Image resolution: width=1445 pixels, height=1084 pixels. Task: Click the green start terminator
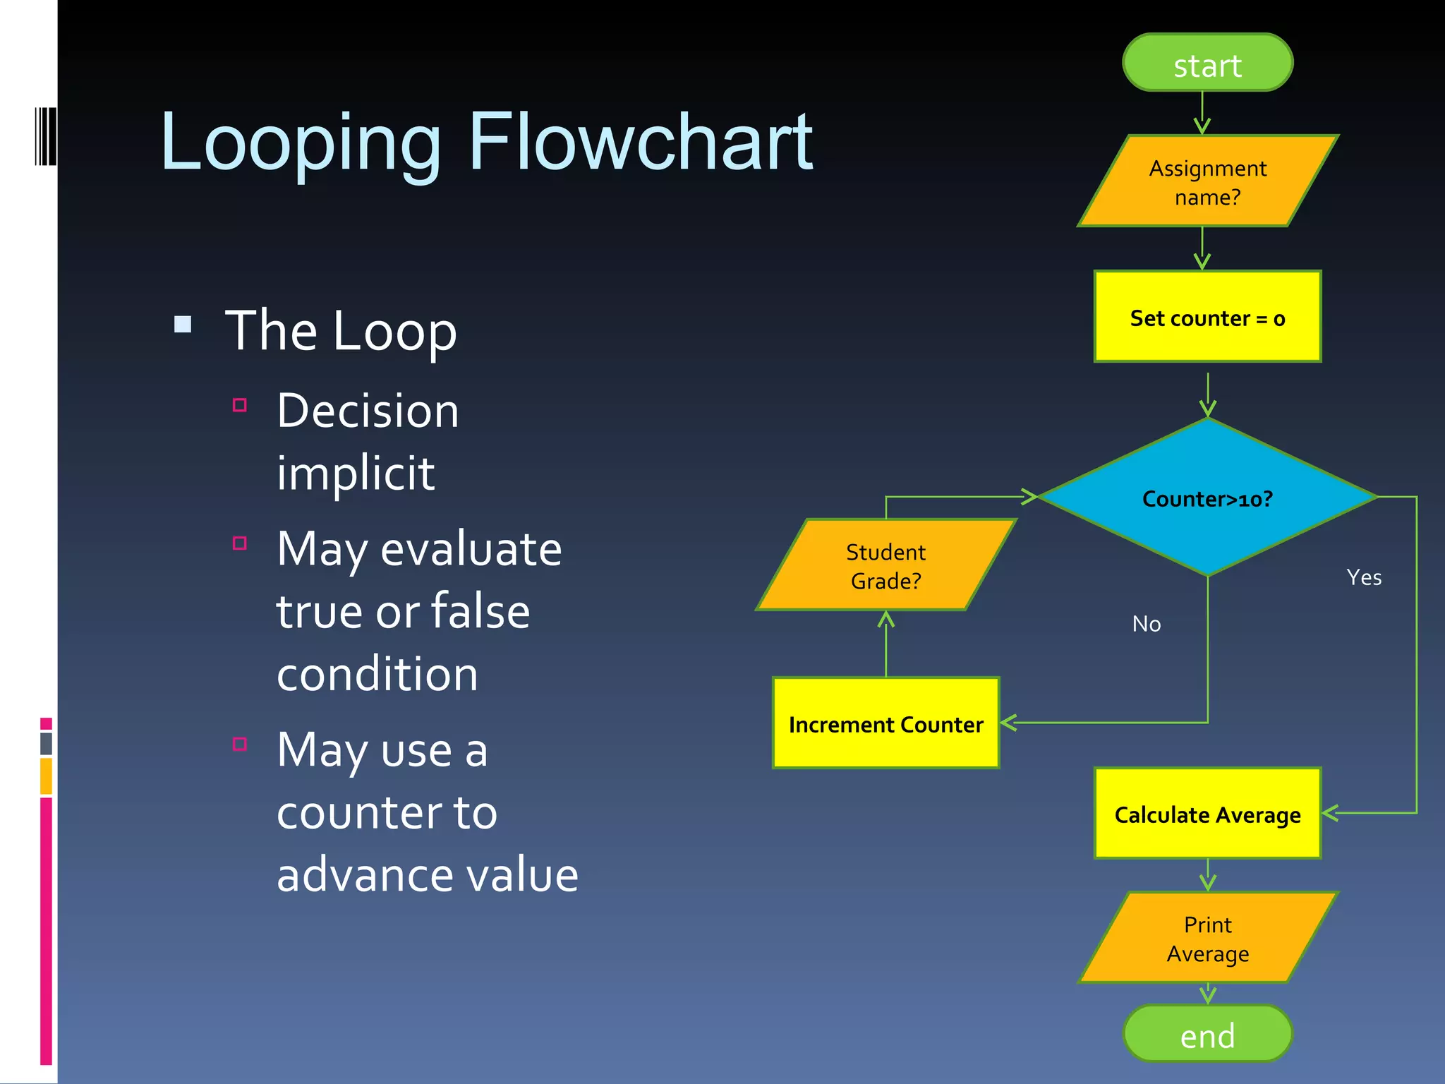tap(1207, 64)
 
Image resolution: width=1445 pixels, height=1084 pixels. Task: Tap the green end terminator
tap(1207, 1035)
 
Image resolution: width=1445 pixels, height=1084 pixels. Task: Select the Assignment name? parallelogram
tap(1207, 182)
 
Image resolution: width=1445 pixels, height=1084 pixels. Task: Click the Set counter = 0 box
tap(1207, 318)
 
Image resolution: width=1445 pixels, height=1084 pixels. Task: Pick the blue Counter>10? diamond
tap(1207, 498)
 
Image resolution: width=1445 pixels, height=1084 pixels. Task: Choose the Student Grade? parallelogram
tap(885, 566)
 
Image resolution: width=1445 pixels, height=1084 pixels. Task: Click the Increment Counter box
tap(885, 724)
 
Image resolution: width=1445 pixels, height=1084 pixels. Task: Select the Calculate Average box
tap(1207, 814)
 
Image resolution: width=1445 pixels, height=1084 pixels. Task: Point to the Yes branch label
tap(1363, 577)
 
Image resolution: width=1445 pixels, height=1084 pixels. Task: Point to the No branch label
tap(1146, 624)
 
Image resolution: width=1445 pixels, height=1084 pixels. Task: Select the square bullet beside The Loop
tap(183, 325)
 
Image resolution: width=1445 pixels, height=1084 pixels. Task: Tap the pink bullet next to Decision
tap(240, 405)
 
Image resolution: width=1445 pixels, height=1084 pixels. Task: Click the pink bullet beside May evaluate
tap(240, 543)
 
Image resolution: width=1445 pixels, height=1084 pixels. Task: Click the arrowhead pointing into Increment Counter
tap(1008, 723)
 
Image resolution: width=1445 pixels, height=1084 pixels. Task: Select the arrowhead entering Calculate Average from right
tap(1329, 813)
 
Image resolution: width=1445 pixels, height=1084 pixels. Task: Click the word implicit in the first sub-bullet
tap(355, 473)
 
